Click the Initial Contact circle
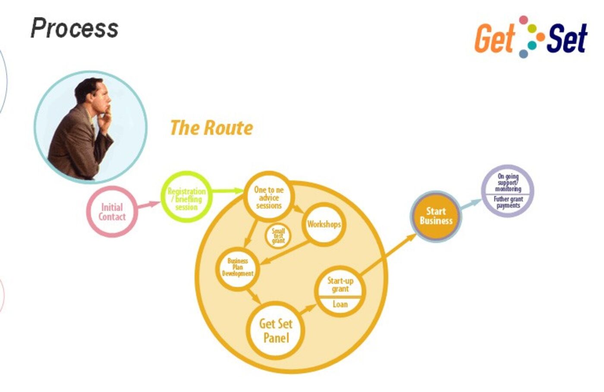112,212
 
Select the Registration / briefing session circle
186,198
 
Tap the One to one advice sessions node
269,197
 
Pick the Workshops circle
324,224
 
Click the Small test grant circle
278,236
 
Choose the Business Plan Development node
237,267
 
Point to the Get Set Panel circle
276,330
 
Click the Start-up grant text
340,285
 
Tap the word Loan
340,304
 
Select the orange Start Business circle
436,216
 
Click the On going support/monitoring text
508,183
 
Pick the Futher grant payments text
508,202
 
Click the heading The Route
211,128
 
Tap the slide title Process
75,28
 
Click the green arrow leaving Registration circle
227,190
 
